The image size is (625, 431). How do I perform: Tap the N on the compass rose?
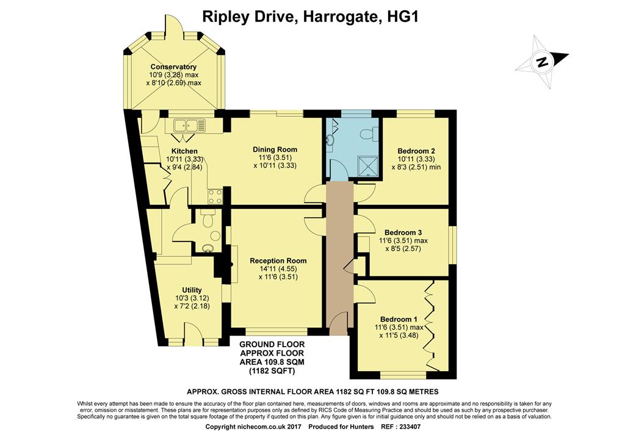click(541, 61)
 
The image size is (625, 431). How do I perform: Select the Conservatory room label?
click(173, 67)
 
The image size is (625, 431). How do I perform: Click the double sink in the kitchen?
click(189, 126)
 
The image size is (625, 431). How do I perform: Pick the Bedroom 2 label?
click(416, 151)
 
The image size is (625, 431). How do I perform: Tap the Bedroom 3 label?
click(403, 232)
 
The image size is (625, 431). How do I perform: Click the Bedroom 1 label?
click(399, 319)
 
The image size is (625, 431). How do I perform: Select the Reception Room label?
click(278, 260)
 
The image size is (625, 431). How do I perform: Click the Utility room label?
click(192, 290)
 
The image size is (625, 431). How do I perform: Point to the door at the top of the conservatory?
click(173, 28)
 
